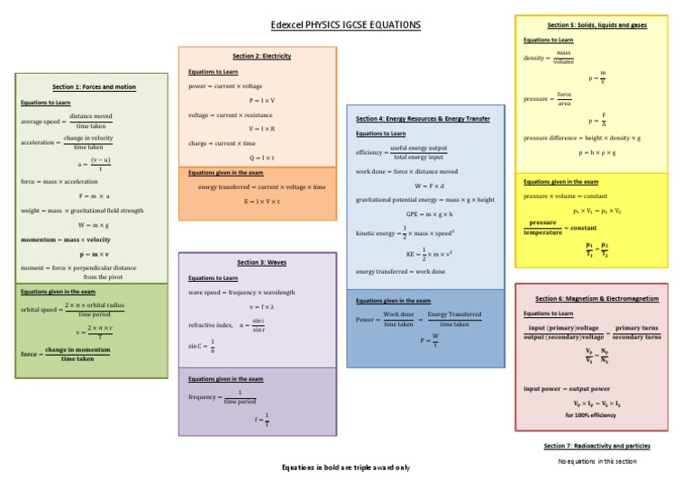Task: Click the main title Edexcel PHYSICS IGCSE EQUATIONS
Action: click(346, 24)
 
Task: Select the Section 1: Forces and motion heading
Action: click(94, 87)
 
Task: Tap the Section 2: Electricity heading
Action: click(261, 56)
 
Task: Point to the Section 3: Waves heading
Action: click(261, 262)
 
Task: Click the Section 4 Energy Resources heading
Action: click(423, 118)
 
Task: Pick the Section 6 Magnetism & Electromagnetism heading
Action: click(596, 298)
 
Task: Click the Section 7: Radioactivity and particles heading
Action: click(596, 446)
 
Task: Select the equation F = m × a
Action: click(94, 195)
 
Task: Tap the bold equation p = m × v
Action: click(94, 254)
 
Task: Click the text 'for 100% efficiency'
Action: click(591, 415)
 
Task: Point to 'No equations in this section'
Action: click(596, 461)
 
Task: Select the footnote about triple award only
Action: click(345, 467)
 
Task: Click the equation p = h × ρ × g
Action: click(591, 152)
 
